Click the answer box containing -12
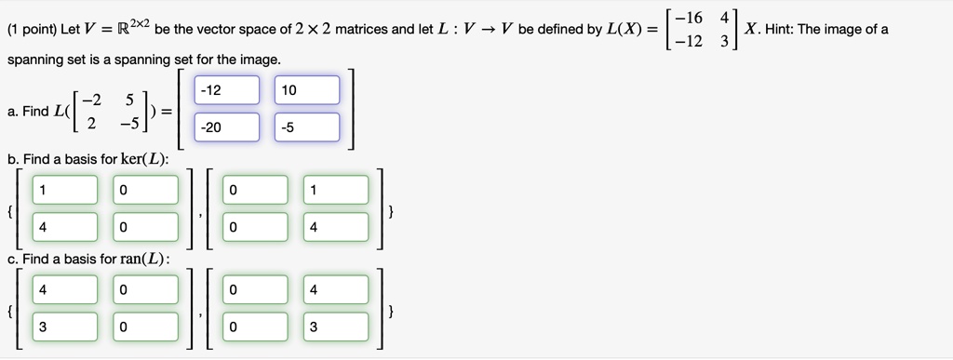[x=226, y=90]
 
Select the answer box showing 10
[x=307, y=90]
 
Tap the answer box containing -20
[x=226, y=127]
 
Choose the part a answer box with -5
[x=307, y=127]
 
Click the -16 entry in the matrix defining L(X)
[x=690, y=18]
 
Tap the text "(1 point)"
[x=31, y=29]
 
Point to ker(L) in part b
[x=146, y=159]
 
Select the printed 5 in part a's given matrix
[x=130, y=98]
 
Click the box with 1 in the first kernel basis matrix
[x=64, y=190]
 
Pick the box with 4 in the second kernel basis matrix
[x=335, y=227]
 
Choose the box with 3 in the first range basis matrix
[x=64, y=327]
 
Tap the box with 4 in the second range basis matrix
[x=335, y=289]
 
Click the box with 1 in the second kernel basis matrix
[x=335, y=190]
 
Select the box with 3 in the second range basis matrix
[x=335, y=327]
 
